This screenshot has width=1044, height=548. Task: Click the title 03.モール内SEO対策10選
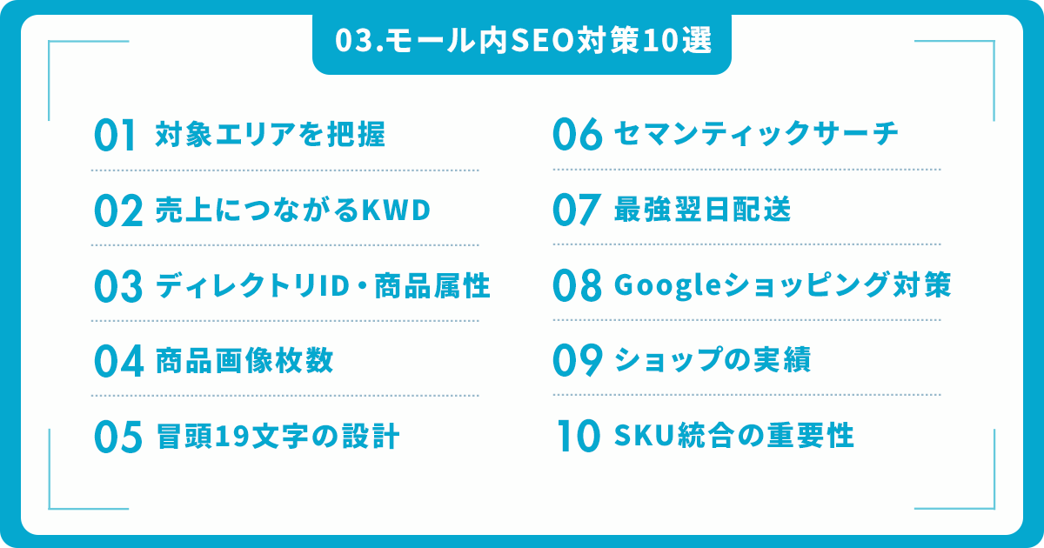coord(523,41)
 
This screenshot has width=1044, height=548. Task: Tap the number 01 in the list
coord(116,135)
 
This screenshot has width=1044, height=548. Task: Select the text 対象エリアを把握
coord(271,134)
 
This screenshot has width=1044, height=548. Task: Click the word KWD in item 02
coord(396,211)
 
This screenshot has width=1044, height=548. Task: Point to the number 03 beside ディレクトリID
coord(118,286)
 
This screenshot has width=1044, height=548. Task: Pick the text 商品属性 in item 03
coord(432,285)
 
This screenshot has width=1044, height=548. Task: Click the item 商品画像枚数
coord(244,360)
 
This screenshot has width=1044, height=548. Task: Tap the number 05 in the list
coord(118,437)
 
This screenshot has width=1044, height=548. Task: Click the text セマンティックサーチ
coord(756,133)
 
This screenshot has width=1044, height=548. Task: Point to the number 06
coord(578,134)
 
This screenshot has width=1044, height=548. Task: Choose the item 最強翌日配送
coord(702,209)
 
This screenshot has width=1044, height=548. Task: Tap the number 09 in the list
coord(578,360)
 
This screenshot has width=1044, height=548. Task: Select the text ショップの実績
coord(713,359)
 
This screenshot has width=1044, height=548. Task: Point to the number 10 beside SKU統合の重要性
coord(579,435)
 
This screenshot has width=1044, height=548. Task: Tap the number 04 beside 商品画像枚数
coord(119,361)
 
